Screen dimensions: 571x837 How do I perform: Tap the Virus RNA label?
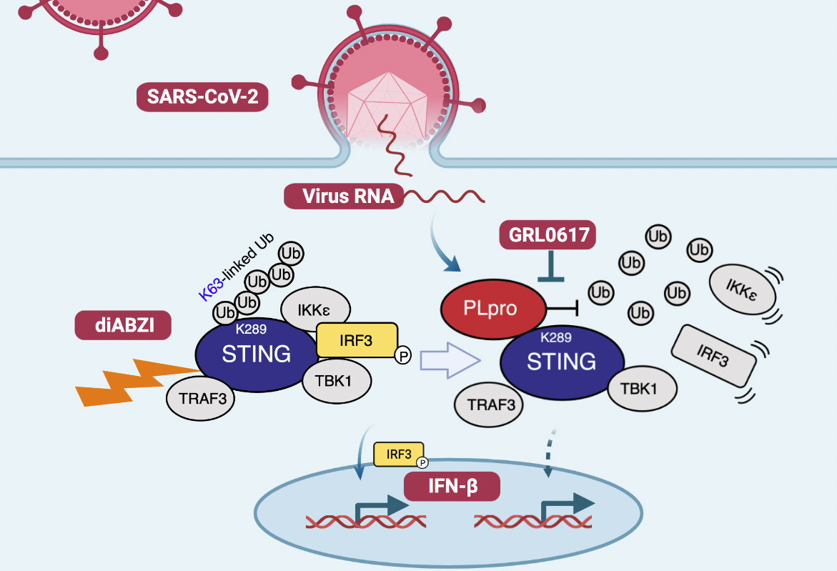pyautogui.click(x=344, y=196)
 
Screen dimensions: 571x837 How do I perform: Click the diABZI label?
pyautogui.click(x=124, y=325)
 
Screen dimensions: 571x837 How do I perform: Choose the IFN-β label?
pyautogui.click(x=452, y=488)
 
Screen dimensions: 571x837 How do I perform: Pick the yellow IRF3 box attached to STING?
pyautogui.click(x=357, y=340)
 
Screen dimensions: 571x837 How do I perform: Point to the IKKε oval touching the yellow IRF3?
pyautogui.click(x=315, y=309)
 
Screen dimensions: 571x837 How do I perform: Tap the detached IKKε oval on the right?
pyautogui.click(x=741, y=292)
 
